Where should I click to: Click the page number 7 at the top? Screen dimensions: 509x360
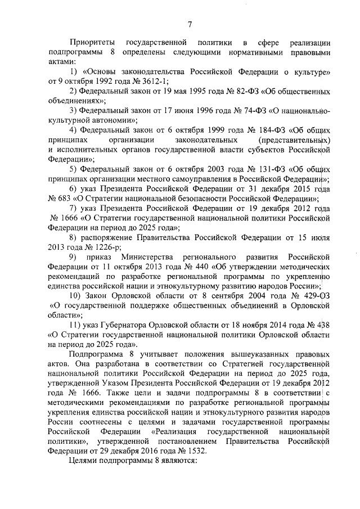[x=190, y=23]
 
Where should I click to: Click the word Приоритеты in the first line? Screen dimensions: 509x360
[x=93, y=42]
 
